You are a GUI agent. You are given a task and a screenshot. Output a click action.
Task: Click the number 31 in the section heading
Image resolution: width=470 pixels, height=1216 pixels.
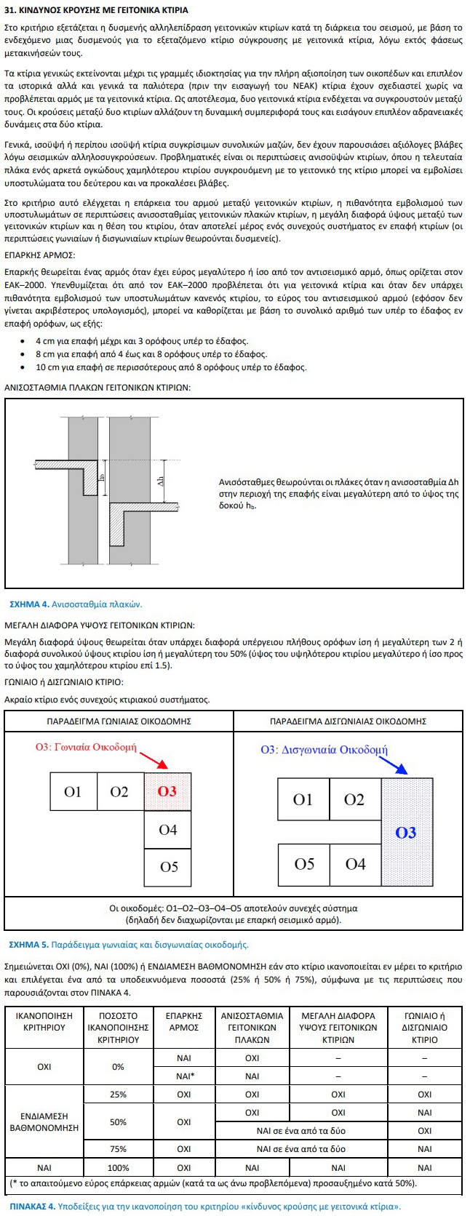11,11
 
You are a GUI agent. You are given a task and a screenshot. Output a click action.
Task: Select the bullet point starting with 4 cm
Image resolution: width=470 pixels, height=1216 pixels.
141,341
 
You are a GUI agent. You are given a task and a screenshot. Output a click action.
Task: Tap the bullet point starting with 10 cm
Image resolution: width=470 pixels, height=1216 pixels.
170,367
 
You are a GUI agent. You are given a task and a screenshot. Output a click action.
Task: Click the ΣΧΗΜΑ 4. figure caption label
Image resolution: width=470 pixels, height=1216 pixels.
28,604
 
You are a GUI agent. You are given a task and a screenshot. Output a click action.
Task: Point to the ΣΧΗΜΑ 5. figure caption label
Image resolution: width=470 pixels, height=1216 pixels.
28,945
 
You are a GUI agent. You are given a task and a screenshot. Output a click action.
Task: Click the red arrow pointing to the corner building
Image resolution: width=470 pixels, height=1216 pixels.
154,761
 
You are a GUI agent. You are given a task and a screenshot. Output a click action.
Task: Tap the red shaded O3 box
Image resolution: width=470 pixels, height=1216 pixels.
167,791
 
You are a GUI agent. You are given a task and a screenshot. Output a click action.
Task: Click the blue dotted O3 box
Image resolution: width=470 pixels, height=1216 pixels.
406,832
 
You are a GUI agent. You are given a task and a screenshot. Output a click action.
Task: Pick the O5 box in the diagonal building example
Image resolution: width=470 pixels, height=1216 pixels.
304,864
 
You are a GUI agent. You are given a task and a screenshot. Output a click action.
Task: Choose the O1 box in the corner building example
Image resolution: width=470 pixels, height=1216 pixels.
73,791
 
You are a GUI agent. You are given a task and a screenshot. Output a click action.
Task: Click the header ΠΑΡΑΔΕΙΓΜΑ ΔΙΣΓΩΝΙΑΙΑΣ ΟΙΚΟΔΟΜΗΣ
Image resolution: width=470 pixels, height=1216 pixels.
348,721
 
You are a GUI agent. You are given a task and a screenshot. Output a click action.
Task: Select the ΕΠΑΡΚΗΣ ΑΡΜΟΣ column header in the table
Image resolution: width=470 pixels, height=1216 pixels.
183,1022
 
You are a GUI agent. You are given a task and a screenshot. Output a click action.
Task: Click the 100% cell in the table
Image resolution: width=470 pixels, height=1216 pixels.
118,1167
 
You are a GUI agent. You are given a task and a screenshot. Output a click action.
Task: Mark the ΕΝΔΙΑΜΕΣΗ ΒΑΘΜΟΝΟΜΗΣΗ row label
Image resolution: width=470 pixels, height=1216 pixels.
44,1121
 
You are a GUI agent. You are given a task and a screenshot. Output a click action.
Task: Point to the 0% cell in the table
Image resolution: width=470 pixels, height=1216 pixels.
118,1067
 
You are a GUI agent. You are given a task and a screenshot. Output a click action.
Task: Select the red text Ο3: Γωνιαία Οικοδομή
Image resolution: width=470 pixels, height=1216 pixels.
86,747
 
